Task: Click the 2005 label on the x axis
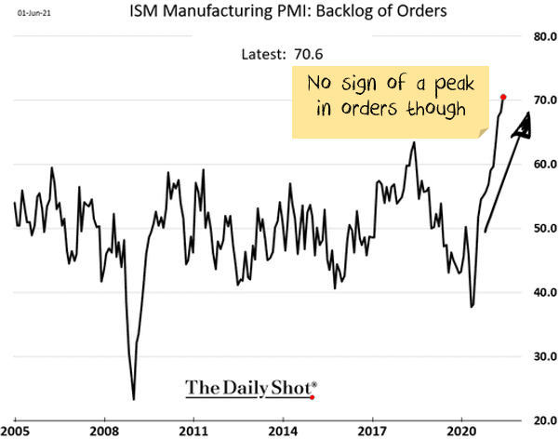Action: [16, 432]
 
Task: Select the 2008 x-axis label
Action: [104, 432]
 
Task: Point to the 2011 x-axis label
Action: [193, 432]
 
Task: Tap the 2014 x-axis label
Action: [284, 432]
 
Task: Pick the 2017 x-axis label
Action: [374, 432]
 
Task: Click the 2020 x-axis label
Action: [463, 432]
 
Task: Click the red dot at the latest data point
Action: [503, 97]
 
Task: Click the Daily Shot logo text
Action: [250, 387]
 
